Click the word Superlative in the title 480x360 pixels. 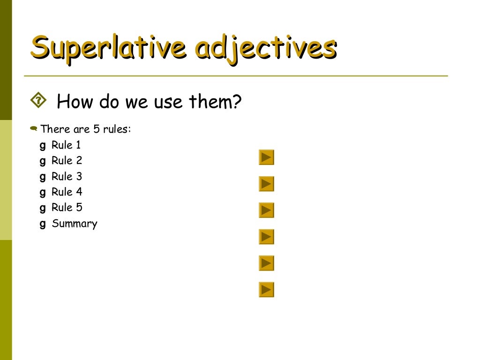[x=109, y=48]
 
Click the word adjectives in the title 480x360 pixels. [x=266, y=49]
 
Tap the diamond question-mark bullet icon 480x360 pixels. [x=38, y=100]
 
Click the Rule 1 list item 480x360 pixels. [x=66, y=145]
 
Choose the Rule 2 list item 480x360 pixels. [x=67, y=160]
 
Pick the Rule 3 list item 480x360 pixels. [x=67, y=176]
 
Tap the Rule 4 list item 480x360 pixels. [x=67, y=192]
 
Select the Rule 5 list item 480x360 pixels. [x=67, y=207]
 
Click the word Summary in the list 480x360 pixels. [x=75, y=224]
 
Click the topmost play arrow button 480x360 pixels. [x=266, y=157]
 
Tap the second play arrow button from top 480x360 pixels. [x=266, y=184]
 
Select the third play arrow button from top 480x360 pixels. [x=266, y=210]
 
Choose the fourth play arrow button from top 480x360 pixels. [x=266, y=237]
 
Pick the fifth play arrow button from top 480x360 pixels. [x=266, y=263]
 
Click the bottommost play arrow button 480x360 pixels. [x=266, y=290]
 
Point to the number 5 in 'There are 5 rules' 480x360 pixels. [x=97, y=129]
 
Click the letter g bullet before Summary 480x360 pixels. [x=43, y=224]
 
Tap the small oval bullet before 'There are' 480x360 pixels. [x=33, y=128]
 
